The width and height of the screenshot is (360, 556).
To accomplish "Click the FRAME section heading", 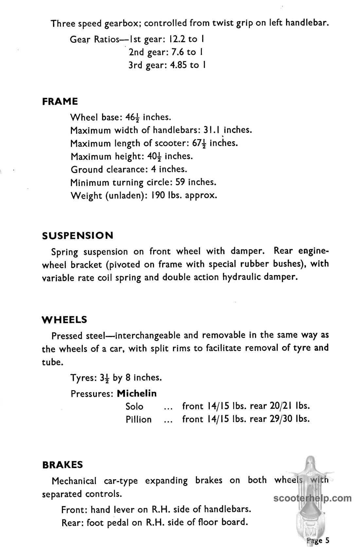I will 60,102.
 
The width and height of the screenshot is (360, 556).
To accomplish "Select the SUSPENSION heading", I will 78,235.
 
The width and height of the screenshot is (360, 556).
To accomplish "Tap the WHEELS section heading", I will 65,320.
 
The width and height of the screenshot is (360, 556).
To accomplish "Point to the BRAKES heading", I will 63,465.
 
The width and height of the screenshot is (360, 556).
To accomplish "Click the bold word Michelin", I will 137,393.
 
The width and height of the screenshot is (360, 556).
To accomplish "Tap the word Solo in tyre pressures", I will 135,406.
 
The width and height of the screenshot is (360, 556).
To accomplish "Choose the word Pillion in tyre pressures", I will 139,419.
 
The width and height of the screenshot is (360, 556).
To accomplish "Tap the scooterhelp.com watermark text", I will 312,498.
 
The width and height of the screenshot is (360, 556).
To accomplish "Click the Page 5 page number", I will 318,540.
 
